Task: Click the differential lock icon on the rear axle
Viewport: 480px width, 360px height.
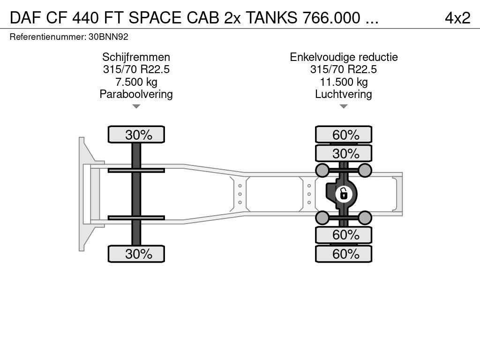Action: coord(344,194)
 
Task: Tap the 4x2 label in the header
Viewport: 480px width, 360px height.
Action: coord(457,18)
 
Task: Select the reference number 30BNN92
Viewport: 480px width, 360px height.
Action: coord(108,37)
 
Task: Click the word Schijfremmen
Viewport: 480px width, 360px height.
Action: coord(136,57)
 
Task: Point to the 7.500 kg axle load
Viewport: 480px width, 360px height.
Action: coord(136,82)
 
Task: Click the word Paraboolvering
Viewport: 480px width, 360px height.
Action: coord(136,94)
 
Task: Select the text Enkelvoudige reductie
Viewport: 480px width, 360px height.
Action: coord(344,57)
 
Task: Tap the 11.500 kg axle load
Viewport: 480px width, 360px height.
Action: coord(344,82)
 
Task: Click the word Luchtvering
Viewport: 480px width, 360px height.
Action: coord(344,94)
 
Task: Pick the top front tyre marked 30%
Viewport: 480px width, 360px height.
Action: coord(136,135)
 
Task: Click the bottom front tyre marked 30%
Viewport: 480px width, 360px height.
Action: coord(136,254)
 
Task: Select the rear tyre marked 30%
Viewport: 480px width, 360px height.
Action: coord(344,153)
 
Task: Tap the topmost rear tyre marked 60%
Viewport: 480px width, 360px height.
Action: coord(344,135)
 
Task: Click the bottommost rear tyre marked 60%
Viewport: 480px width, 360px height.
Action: coord(344,254)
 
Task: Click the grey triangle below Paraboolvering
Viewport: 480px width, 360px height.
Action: coord(136,106)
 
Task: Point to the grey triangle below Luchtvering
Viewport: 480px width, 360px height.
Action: coord(344,106)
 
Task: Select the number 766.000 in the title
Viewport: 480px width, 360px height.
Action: coord(331,18)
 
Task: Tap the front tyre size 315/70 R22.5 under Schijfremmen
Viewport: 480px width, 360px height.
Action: coord(136,69)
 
